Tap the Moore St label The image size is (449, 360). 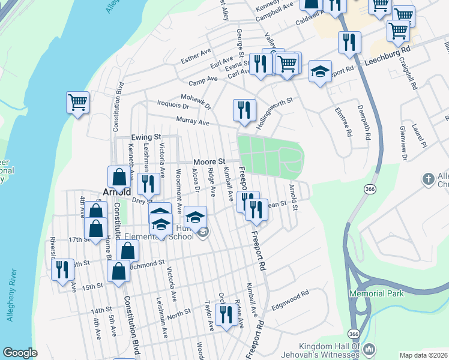pos(209,162)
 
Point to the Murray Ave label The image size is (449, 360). pos(193,122)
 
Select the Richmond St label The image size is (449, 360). pos(146,263)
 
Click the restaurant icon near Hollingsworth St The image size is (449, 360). pos(244,110)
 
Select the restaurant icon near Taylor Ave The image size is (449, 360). pos(226,316)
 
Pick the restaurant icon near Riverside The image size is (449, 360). pos(62,270)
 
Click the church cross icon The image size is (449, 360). pos(428,179)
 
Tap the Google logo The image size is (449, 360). pos(20,353)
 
